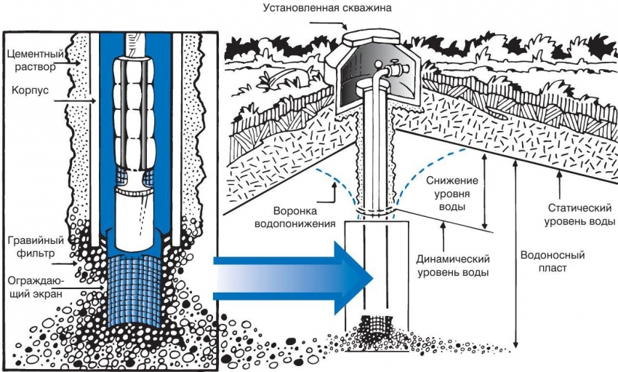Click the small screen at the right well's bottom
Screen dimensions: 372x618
(x=377, y=325)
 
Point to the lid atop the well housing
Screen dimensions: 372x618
(x=364, y=33)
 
